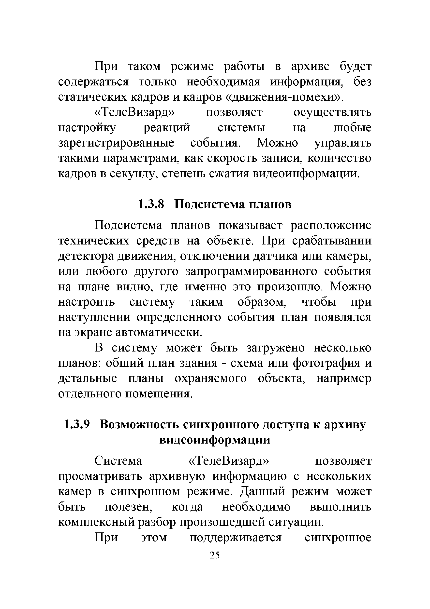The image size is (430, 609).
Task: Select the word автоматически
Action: pos(159,332)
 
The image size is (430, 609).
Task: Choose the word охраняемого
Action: pos(211,378)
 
